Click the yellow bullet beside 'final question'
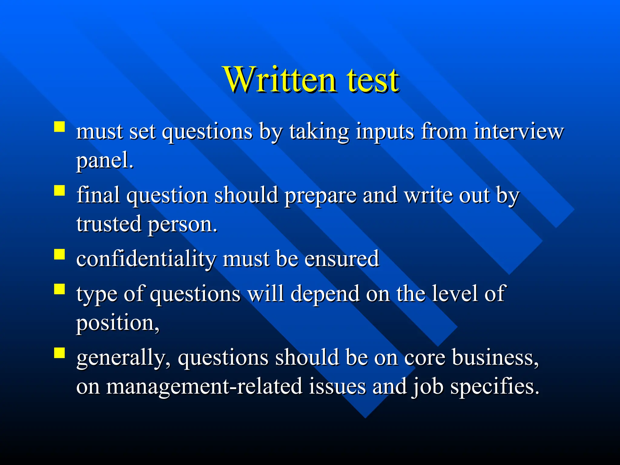pyautogui.click(x=60, y=191)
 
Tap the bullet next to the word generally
pyautogui.click(x=60, y=353)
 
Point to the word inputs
pyautogui.click(x=385, y=132)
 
